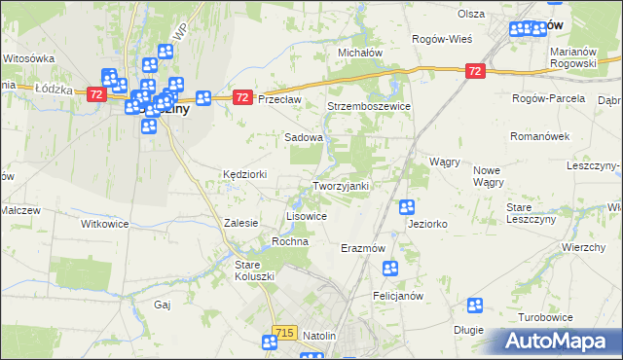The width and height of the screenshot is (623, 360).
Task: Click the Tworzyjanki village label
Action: coord(340,186)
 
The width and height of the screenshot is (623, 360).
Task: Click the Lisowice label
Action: coord(306,215)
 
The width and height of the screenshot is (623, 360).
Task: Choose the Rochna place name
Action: coord(290,240)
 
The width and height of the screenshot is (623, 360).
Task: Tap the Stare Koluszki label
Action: coord(256,270)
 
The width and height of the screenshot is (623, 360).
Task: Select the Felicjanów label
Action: coord(396,295)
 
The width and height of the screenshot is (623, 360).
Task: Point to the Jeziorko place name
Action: coord(428,224)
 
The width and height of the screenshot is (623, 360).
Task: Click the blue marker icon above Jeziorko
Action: coord(407,206)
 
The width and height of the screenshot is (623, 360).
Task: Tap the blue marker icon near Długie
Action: coord(475,306)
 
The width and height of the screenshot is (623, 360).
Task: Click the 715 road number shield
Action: coord(284,333)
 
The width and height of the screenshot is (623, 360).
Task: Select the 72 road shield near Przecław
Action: coord(243,97)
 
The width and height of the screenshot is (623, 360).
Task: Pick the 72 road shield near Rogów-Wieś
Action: coord(475,71)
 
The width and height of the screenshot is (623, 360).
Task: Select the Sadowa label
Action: coord(303,138)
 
